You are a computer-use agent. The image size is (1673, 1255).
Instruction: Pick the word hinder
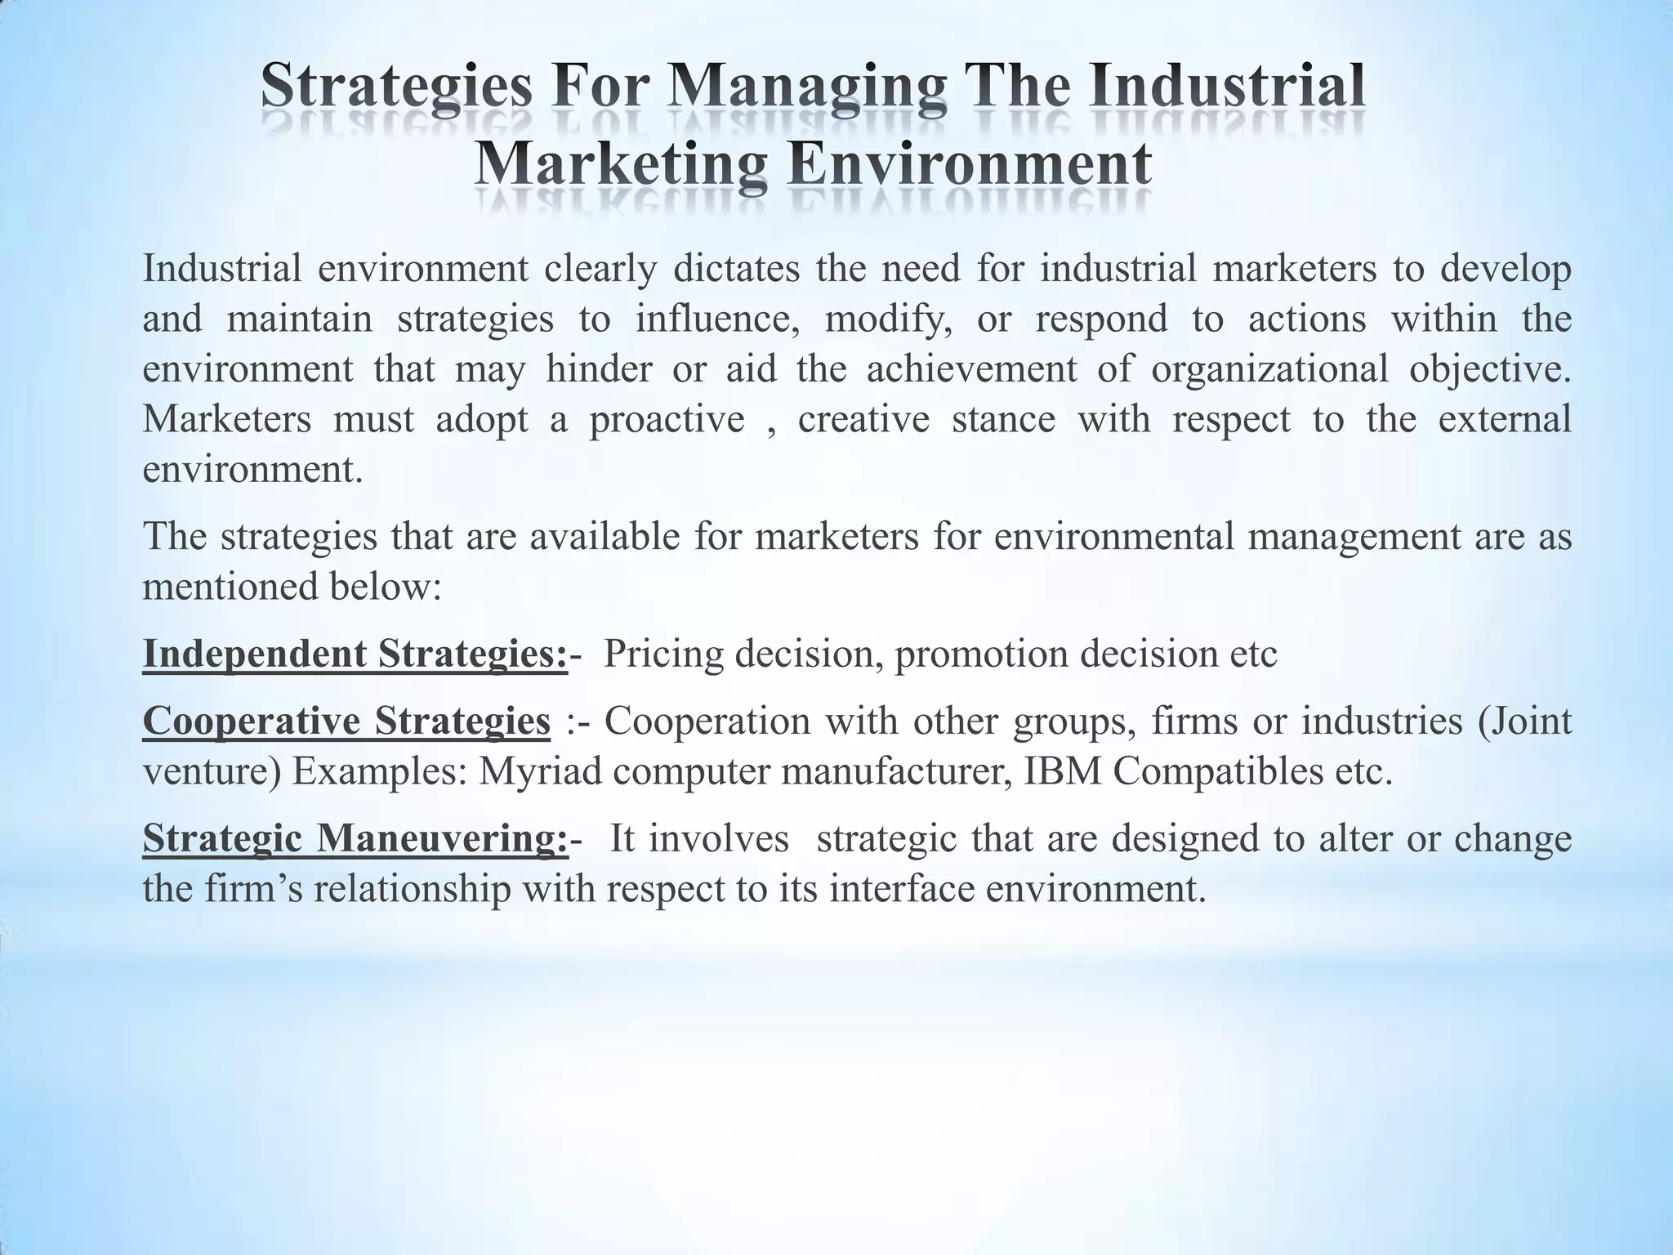tap(599, 368)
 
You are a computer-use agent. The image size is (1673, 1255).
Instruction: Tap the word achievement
tap(971, 368)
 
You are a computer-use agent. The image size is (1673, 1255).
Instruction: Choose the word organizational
tap(1269, 368)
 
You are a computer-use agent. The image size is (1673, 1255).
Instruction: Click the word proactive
tap(667, 419)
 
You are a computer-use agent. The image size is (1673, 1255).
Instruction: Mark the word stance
tap(1003, 419)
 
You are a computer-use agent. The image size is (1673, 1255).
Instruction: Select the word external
tap(1505, 419)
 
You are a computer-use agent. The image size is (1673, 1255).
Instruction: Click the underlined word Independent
tap(254, 654)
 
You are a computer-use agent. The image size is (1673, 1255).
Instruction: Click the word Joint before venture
tap(1535, 721)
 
